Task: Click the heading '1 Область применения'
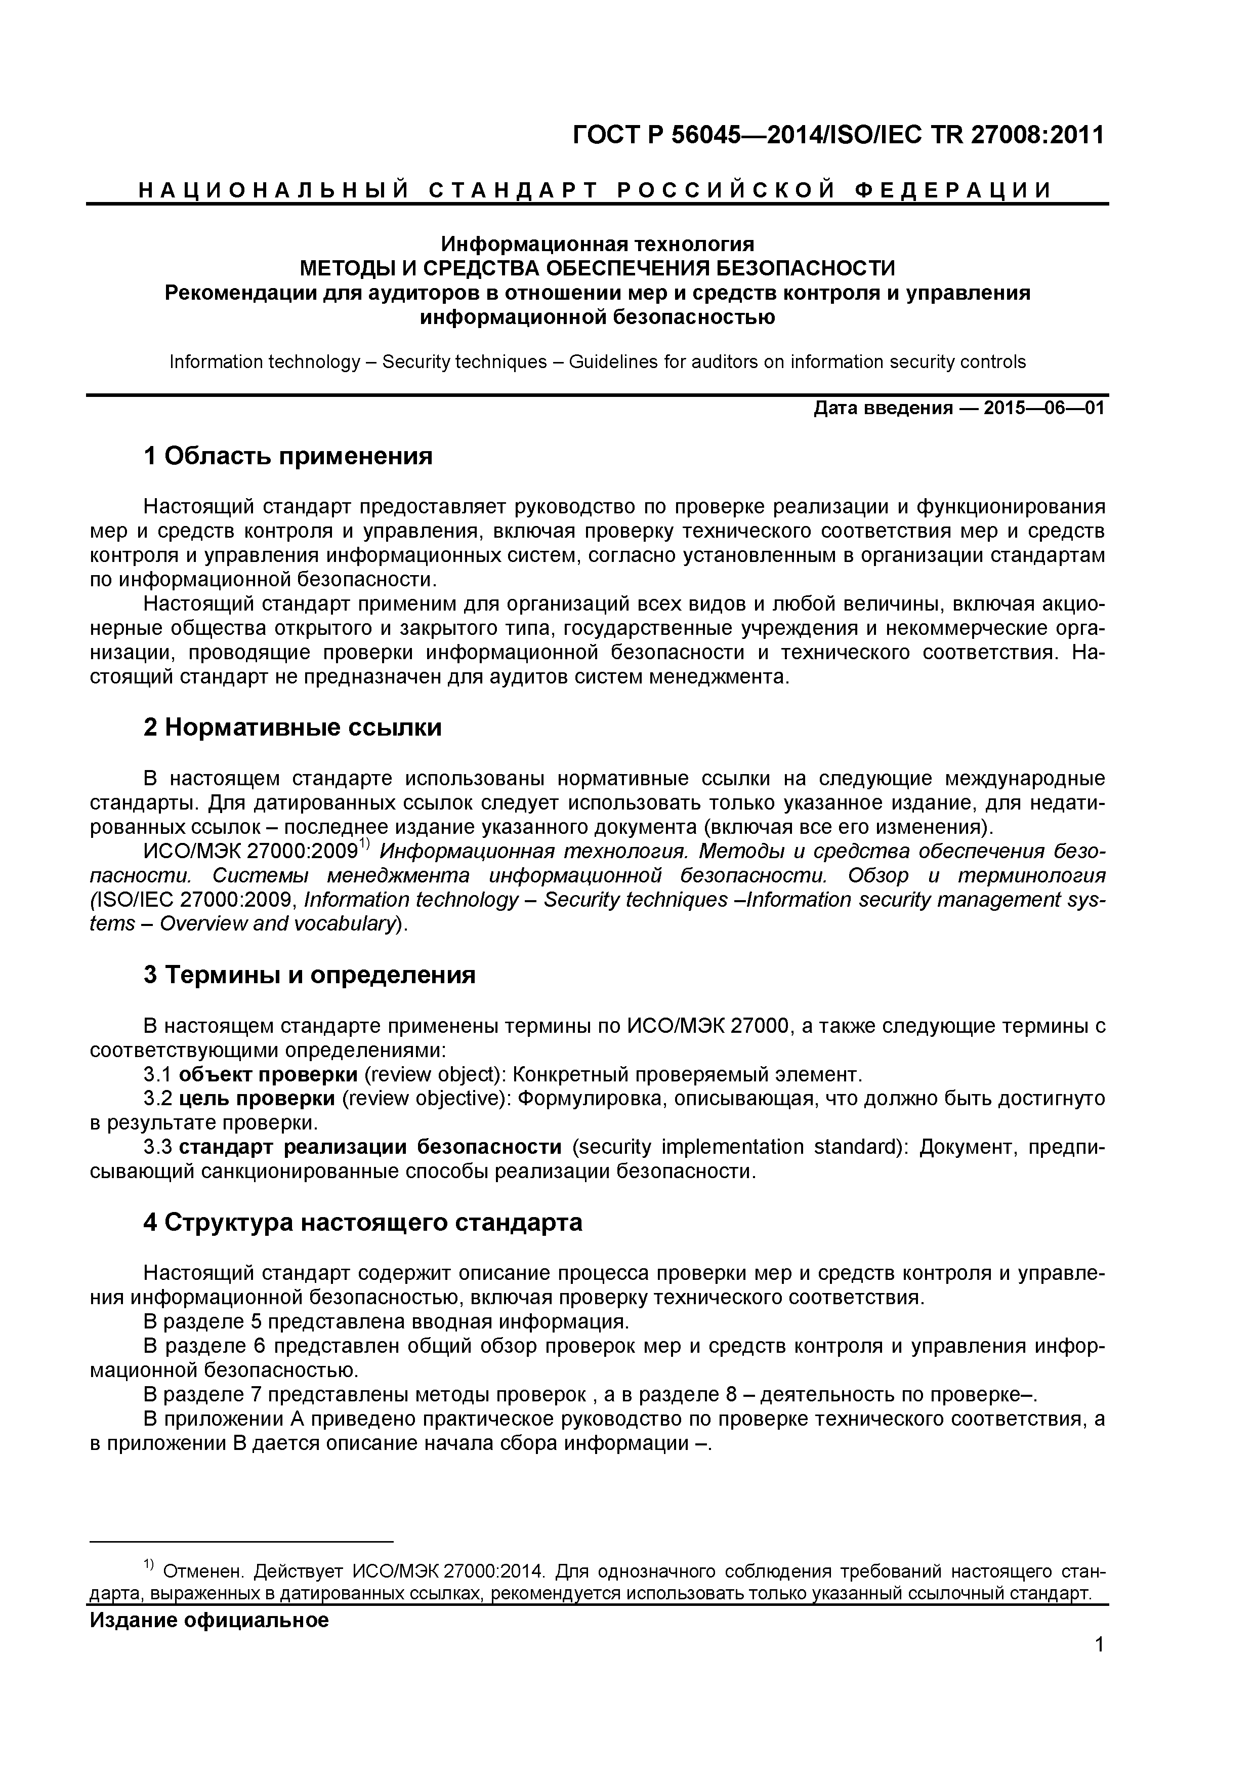click(287, 456)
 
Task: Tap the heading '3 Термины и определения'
click(309, 975)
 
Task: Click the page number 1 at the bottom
click(1100, 1666)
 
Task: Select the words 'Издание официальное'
click(210, 1620)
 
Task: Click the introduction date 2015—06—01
click(1044, 409)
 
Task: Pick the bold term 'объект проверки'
click(268, 1074)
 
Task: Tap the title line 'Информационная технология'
click(597, 245)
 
